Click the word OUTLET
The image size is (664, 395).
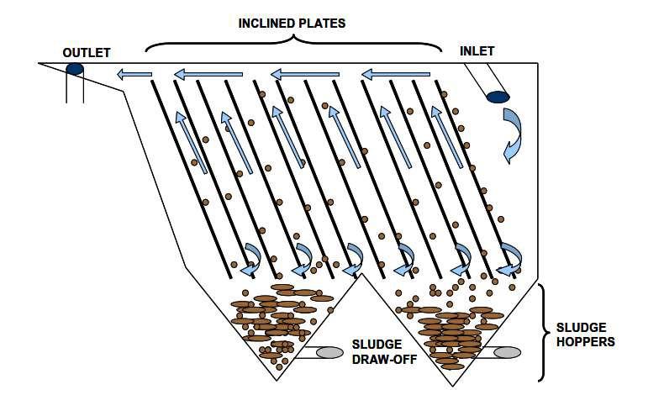pos(86,53)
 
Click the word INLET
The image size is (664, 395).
pos(477,51)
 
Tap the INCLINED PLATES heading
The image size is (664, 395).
pos(291,23)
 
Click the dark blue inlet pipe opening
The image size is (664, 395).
pos(498,97)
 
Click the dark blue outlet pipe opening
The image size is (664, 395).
pos(75,68)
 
